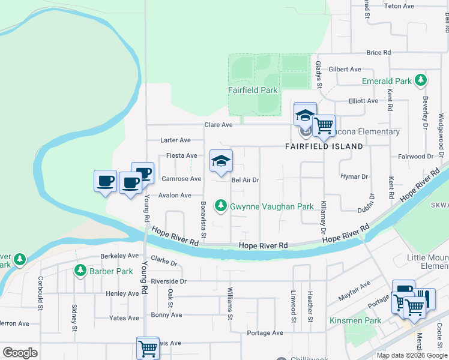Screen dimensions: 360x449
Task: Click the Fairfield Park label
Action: [253, 90]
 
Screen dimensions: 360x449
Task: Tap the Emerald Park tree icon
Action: [421, 80]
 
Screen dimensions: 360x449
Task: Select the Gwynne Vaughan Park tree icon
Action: [221, 206]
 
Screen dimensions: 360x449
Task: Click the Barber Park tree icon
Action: [80, 271]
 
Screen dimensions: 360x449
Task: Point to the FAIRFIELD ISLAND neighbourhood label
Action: [324, 146]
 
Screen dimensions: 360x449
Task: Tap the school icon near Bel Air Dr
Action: [221, 161]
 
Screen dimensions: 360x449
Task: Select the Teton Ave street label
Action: [399, 6]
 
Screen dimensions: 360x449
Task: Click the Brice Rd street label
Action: [378, 53]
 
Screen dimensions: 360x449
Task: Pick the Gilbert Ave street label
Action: [345, 70]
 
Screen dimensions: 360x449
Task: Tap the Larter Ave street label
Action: [175, 140]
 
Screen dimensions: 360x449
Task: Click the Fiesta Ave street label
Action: [182, 156]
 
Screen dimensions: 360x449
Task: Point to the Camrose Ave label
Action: [181, 179]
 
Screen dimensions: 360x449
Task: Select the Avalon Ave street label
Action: [175, 195]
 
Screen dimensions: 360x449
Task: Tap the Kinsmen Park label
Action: [355, 320]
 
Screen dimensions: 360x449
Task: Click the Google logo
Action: [20, 353]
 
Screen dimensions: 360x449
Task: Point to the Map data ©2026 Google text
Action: [411, 355]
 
